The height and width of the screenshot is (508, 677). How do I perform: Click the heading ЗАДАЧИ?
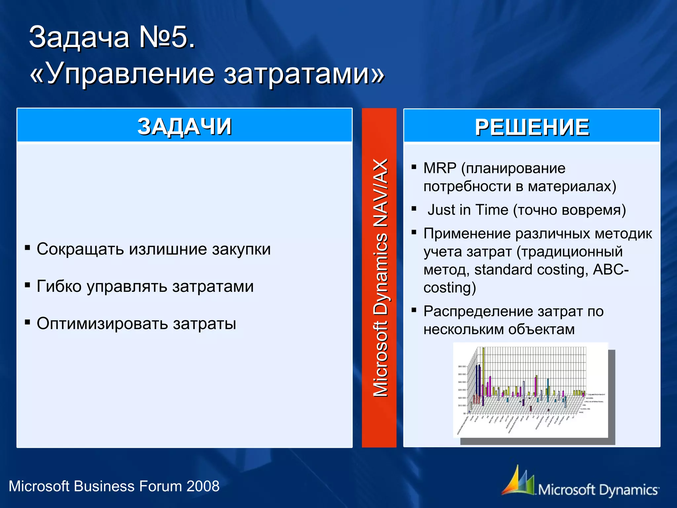point(184,126)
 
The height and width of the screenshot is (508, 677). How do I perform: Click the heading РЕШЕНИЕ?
point(532,127)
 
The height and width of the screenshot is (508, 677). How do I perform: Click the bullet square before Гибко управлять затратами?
point(27,285)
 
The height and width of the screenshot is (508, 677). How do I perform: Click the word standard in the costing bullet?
point(503,270)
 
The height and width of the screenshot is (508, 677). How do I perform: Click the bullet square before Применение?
point(414,232)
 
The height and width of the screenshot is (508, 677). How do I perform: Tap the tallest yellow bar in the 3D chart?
point(483,370)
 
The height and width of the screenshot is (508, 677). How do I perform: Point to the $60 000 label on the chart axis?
point(462,366)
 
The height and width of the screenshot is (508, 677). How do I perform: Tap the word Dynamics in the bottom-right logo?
point(628,490)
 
